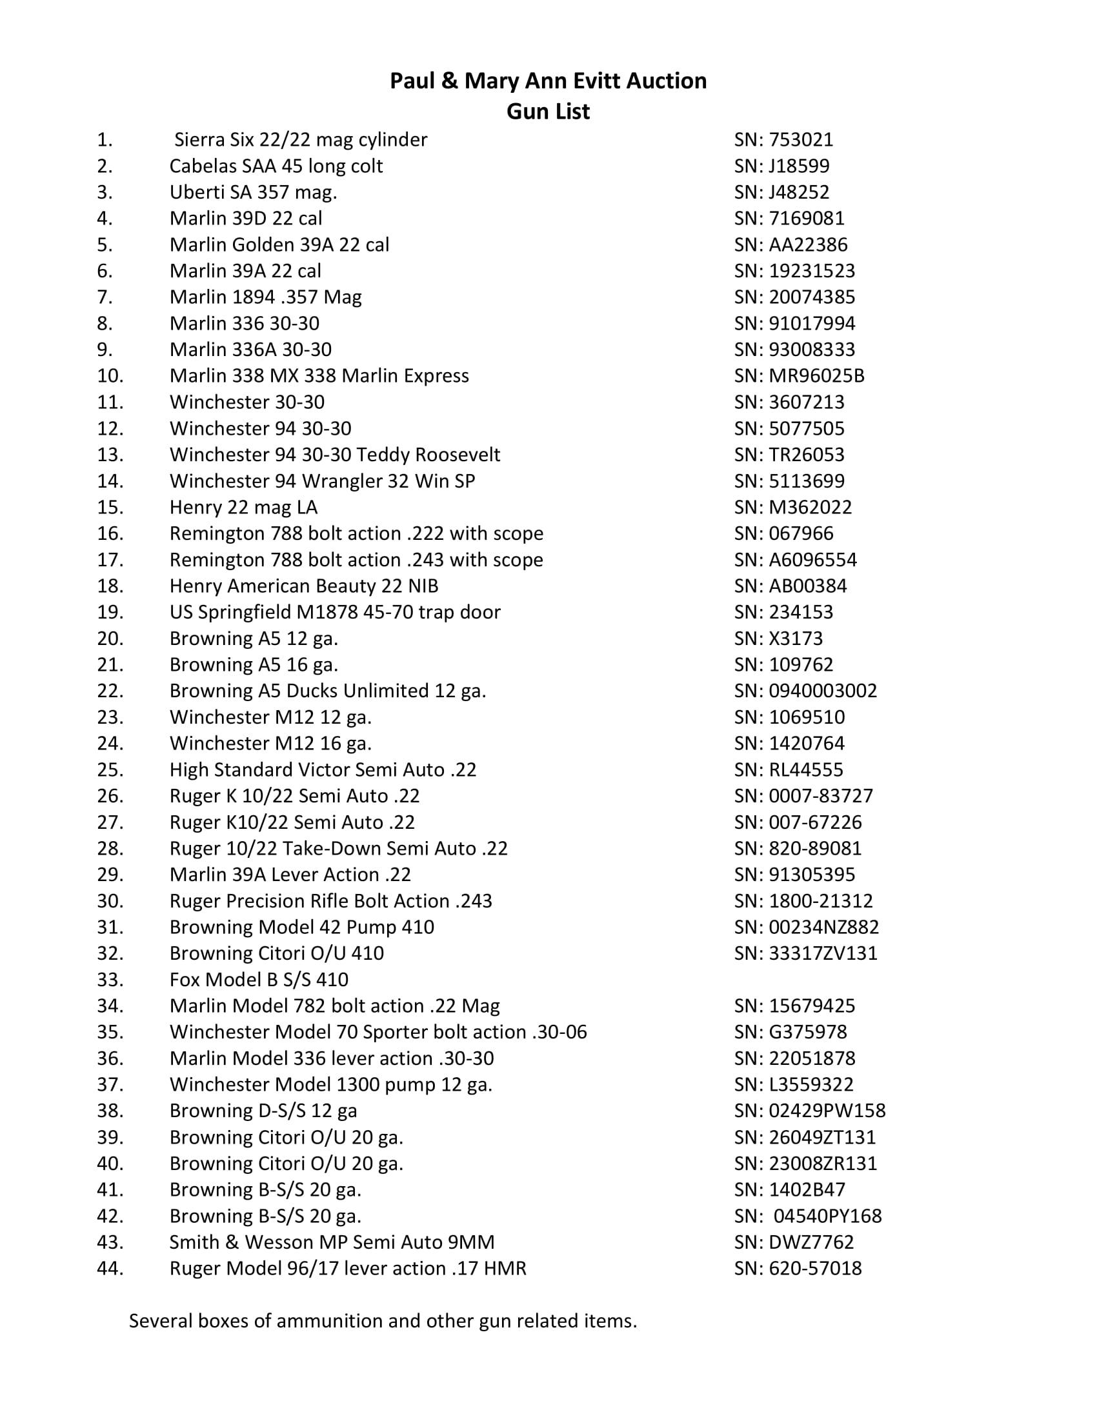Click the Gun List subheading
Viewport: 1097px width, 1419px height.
point(548,111)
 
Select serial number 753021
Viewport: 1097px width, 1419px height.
point(801,140)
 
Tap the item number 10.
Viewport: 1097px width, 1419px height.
point(110,376)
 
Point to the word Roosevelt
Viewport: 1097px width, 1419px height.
point(458,455)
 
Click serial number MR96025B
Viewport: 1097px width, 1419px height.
point(816,376)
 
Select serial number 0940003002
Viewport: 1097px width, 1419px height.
point(823,691)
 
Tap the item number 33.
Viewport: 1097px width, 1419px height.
point(110,980)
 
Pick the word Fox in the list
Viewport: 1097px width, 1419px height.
point(185,980)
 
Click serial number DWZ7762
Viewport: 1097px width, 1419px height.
point(811,1242)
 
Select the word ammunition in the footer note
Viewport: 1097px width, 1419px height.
point(330,1321)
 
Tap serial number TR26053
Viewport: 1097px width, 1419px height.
point(807,455)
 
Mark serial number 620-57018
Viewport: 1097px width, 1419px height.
point(815,1268)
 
